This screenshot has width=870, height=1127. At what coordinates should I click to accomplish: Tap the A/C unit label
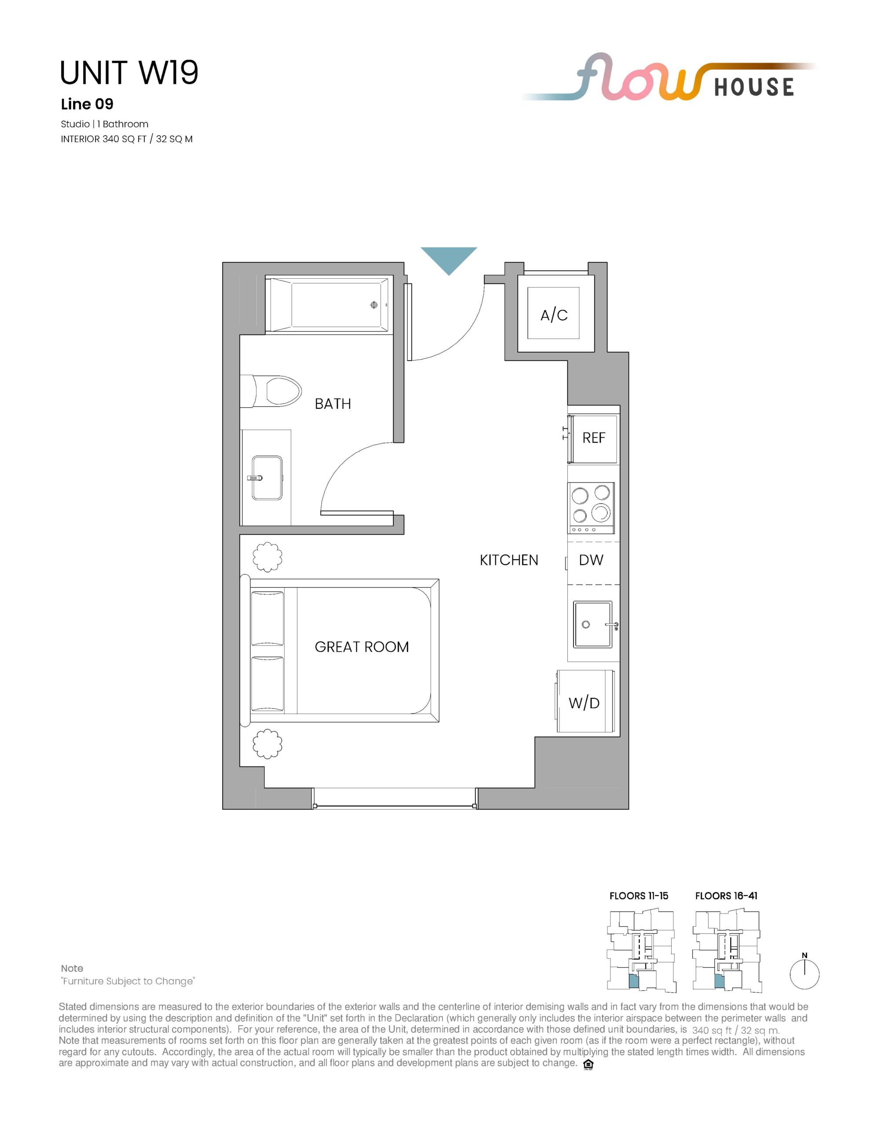554,315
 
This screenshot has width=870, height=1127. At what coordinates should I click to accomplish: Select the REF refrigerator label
594,438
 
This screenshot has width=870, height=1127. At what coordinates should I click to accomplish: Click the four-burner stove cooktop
591,508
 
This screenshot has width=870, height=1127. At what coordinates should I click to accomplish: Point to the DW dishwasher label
591,560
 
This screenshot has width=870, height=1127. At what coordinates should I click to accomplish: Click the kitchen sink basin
593,624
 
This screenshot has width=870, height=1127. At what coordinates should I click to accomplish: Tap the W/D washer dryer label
584,703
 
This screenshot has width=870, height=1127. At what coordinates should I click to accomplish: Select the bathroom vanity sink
267,478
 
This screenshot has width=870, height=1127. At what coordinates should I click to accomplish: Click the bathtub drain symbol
374,305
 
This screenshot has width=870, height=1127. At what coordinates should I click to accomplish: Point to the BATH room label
333,404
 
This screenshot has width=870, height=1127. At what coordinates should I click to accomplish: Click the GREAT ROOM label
362,647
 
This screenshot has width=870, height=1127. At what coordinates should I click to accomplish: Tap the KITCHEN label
509,560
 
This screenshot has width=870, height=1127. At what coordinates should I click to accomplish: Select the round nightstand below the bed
267,744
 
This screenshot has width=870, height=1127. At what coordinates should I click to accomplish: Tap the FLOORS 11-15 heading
639,896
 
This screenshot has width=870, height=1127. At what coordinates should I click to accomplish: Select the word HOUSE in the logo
754,87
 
